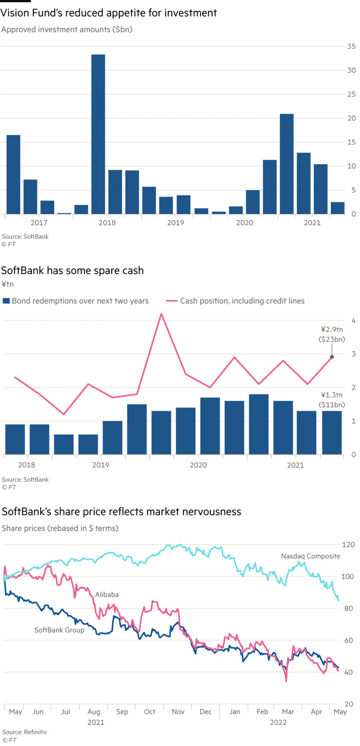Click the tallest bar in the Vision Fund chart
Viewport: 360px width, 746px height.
[x=98, y=134]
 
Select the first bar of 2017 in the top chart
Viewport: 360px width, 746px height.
[x=13, y=174]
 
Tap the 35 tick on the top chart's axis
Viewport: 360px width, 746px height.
[x=352, y=46]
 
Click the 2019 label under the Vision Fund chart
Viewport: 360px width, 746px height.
[x=175, y=223]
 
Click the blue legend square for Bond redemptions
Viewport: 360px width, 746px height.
[x=6, y=300]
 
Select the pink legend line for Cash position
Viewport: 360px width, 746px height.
[x=172, y=300]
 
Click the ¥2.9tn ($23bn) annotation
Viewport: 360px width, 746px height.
[x=332, y=334]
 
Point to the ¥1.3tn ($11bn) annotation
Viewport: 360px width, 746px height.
[x=332, y=400]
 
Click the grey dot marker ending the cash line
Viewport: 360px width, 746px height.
[x=332, y=357]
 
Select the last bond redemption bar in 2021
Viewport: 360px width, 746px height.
[x=332, y=432]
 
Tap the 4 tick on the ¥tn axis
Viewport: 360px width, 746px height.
[x=354, y=320]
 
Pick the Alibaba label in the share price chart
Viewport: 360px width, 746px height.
[x=106, y=594]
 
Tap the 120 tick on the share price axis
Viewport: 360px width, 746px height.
[x=349, y=544]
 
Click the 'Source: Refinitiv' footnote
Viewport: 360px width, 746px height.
[x=20, y=732]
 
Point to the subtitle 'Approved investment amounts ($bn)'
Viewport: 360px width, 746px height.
[x=67, y=29]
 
